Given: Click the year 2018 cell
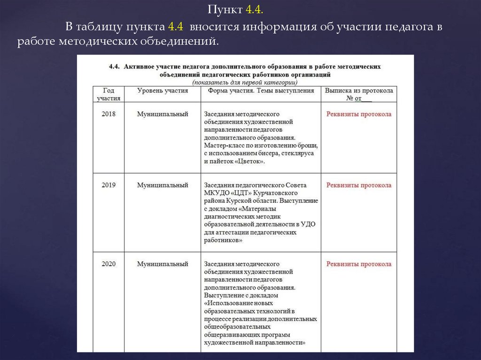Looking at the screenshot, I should pyautogui.click(x=109, y=114).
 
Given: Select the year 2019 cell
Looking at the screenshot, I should pyautogui.click(x=109, y=185).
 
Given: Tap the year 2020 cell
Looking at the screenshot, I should pyautogui.click(x=109, y=264).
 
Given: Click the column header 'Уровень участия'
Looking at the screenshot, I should pyautogui.click(x=163, y=91).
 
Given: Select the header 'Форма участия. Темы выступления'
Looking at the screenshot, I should pyautogui.click(x=261, y=91).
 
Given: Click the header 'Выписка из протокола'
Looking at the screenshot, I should pyautogui.click(x=359, y=91).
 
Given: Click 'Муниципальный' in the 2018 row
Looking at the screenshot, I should pyautogui.click(x=163, y=114).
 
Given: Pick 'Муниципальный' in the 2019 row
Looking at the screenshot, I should pyautogui.click(x=163, y=185).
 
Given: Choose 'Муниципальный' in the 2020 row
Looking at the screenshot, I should pyautogui.click(x=163, y=264).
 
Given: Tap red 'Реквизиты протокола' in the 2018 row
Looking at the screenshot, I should pyautogui.click(x=359, y=114).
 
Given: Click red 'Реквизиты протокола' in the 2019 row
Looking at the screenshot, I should pyautogui.click(x=359, y=185).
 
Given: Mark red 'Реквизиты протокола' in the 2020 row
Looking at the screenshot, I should pyautogui.click(x=359, y=264).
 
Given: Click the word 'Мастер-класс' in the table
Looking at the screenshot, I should pyautogui.click(x=223, y=146).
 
